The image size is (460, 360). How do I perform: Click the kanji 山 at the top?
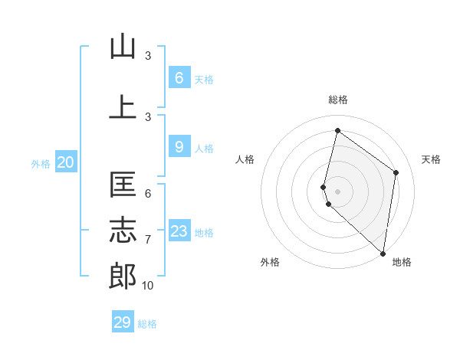123,47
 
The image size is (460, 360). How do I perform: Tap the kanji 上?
123,106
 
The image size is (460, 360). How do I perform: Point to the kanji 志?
123,231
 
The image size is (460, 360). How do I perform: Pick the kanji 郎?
123,277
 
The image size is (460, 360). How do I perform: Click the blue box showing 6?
179,77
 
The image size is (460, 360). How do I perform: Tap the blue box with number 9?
179,147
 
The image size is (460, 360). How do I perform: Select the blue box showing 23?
179,231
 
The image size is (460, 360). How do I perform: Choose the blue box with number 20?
66,162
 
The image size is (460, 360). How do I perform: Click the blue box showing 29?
123,322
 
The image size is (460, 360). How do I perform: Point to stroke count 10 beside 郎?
147,286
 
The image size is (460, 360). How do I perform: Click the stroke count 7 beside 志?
148,240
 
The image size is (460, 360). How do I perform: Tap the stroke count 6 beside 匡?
148,194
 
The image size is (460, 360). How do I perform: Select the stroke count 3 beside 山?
148,56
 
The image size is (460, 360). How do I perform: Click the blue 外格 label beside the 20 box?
41,163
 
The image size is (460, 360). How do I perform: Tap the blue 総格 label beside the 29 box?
147,324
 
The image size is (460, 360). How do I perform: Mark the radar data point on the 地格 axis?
383,254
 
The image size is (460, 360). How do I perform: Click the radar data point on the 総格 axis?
337,130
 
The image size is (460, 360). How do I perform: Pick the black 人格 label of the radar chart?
245,159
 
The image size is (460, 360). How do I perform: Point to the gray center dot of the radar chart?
337,191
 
